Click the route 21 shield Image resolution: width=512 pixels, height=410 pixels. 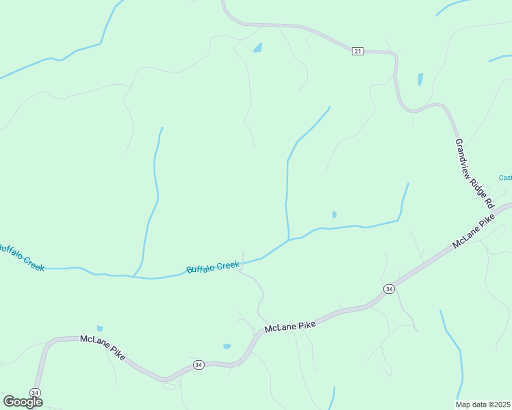(x=357, y=52)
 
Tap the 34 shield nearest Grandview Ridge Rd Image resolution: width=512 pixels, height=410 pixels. (x=389, y=289)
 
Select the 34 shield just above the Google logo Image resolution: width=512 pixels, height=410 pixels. (x=36, y=392)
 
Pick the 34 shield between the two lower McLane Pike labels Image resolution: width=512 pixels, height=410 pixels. (x=199, y=364)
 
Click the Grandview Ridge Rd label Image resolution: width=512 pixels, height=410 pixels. (x=474, y=173)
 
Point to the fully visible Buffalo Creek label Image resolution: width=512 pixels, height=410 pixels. (x=213, y=266)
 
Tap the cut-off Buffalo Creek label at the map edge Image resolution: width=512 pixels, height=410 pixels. (x=21, y=257)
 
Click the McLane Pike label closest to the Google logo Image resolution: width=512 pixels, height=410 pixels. (x=103, y=348)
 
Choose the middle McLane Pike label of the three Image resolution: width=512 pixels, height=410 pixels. (x=290, y=327)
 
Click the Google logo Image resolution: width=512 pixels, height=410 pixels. (x=23, y=402)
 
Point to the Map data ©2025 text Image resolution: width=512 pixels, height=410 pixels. (x=483, y=404)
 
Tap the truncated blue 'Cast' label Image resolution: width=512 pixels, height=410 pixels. (x=505, y=178)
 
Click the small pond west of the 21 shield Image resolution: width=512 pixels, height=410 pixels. (x=257, y=48)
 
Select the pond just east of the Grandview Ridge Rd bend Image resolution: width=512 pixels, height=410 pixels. (x=420, y=79)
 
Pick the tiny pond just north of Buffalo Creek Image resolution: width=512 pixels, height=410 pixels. (x=334, y=215)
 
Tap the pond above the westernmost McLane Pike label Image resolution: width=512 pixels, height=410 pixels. (x=100, y=329)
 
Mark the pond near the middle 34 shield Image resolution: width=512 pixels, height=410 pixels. (x=227, y=346)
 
